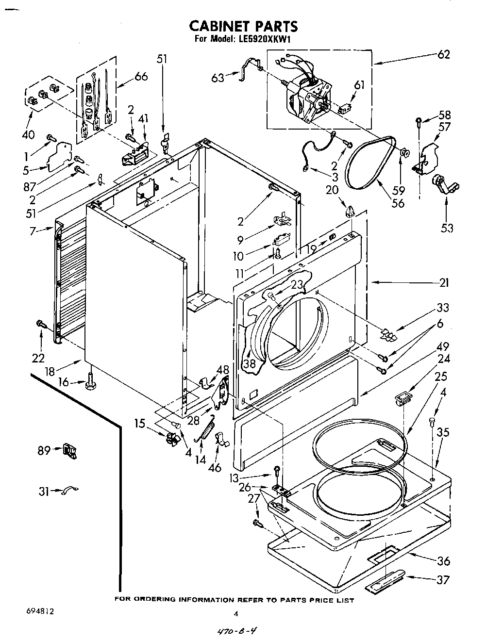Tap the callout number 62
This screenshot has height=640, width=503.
tap(443, 54)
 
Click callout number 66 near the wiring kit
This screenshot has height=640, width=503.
tap(141, 77)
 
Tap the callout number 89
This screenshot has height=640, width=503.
tap(44, 451)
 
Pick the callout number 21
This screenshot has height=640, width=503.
tap(444, 283)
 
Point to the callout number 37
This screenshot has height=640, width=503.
tap(443, 579)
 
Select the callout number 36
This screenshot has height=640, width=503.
tap(443, 561)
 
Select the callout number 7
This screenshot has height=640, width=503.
tap(32, 231)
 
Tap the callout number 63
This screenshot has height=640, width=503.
tap(218, 77)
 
